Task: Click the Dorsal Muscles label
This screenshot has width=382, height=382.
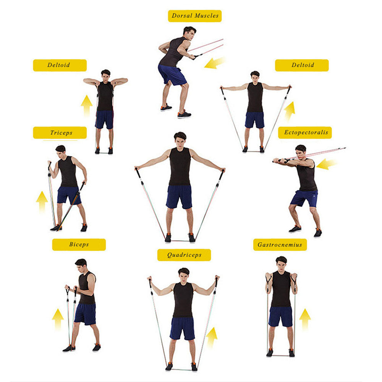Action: (195, 16)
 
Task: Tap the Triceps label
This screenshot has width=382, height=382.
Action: (60, 133)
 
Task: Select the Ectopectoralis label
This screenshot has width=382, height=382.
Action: (305, 133)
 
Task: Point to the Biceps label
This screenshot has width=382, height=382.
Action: (79, 244)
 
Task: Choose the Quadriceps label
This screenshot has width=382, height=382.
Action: (184, 255)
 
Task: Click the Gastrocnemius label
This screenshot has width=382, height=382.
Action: (280, 244)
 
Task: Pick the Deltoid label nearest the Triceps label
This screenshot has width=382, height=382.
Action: (60, 65)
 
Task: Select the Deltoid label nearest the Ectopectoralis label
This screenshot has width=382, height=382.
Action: (302, 65)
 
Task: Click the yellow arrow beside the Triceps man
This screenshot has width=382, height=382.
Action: (42, 201)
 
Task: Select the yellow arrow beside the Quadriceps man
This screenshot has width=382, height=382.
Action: (212, 337)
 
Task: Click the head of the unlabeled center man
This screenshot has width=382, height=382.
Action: (180, 138)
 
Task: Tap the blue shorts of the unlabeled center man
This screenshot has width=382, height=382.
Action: (179, 196)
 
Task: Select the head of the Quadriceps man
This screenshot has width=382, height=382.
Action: (184, 274)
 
